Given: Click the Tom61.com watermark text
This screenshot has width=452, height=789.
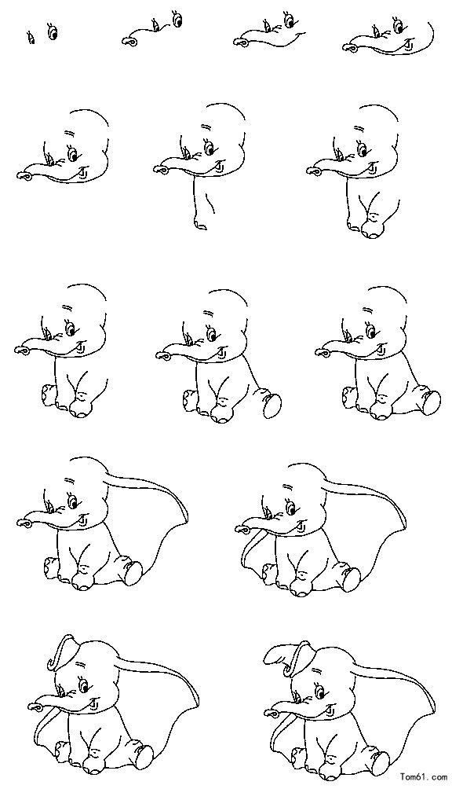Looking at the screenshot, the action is (421, 778).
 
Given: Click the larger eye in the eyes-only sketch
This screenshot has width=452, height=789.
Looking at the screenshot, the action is (52, 31).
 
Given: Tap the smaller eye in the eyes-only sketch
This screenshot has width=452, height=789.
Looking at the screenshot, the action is (31, 38).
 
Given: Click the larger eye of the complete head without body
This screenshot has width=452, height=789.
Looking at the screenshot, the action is (72, 152).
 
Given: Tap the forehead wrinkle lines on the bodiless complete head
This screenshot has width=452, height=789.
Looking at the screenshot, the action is (67, 132).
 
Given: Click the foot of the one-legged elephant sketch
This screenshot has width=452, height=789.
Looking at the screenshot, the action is (200, 224).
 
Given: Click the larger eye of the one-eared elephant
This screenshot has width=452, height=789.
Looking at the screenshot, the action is (73, 501).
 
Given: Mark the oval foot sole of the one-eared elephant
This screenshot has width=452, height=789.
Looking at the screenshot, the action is (133, 573).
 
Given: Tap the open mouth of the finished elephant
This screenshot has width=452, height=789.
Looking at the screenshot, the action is (329, 707).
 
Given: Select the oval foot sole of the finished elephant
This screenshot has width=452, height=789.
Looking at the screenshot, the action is (380, 761).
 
